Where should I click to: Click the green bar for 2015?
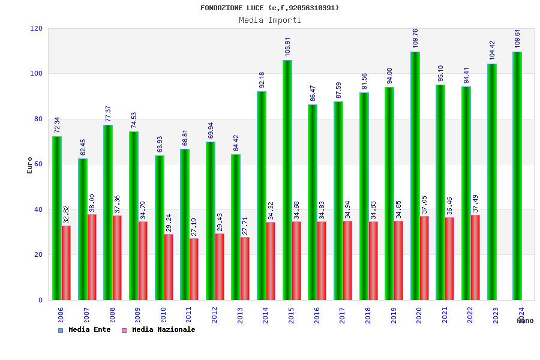pyautogui.click(x=287, y=180)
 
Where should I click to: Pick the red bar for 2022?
pyautogui.click(x=475, y=257)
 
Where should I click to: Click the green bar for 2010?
pyautogui.click(x=160, y=228)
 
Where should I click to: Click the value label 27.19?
pyautogui.click(x=194, y=227)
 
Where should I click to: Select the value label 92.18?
pyautogui.click(x=262, y=80)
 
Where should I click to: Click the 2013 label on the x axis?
pyautogui.click(x=240, y=316)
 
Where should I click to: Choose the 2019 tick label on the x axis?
pyautogui.click(x=394, y=316)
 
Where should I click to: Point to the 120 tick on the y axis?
pyautogui.click(x=37, y=29)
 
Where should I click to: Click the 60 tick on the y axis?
pyautogui.click(x=38, y=164)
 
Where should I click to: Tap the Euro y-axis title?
pyautogui.click(x=30, y=165)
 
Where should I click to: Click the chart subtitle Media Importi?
pyautogui.click(x=270, y=20)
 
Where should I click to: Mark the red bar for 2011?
pyautogui.click(x=194, y=269)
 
